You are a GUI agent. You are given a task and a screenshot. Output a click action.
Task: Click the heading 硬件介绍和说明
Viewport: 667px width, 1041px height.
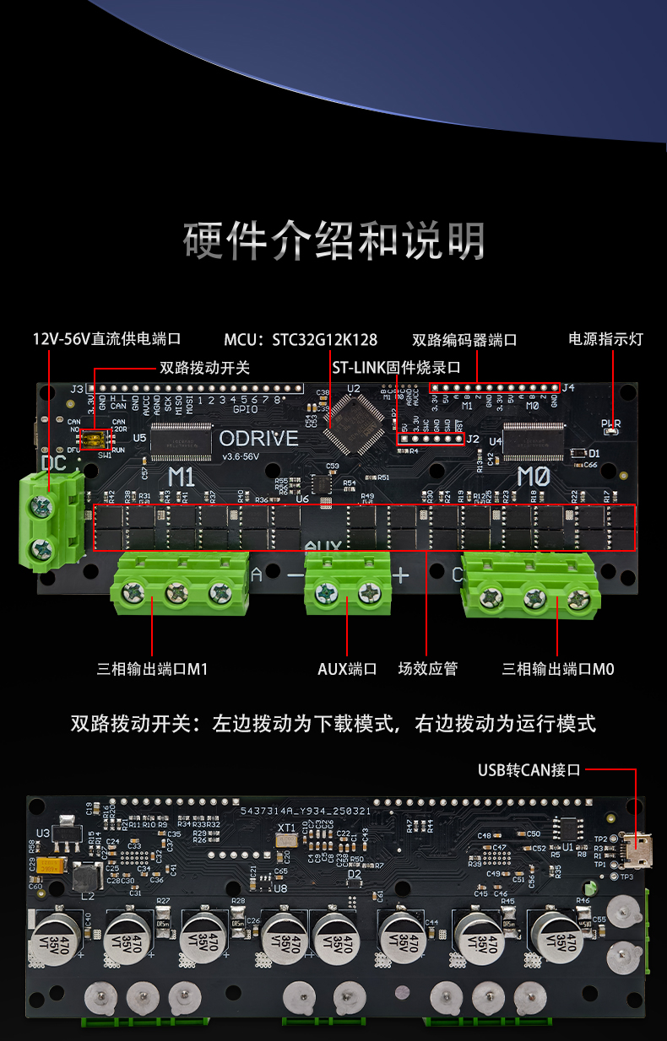click(x=333, y=240)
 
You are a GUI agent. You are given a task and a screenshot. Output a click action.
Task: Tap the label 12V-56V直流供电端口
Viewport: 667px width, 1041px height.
click(x=106, y=339)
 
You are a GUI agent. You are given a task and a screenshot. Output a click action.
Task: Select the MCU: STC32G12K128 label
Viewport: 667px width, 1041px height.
click(x=301, y=339)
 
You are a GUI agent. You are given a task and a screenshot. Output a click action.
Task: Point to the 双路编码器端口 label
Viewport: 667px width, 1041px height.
click(x=464, y=339)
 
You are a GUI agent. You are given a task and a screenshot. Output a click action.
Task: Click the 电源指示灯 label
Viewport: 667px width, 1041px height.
click(x=605, y=339)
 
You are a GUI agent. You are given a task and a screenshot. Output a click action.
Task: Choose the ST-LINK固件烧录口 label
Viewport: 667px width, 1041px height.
click(x=396, y=367)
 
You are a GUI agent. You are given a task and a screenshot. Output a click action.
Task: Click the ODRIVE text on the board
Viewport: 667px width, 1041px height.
click(x=258, y=439)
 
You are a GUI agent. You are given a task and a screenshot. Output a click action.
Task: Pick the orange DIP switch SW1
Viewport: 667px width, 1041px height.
click(x=95, y=440)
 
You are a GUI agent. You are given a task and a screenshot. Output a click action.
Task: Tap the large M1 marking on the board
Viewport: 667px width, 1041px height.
click(x=181, y=477)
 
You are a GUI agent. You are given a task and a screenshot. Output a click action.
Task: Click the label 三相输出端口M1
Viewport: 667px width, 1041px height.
click(x=152, y=669)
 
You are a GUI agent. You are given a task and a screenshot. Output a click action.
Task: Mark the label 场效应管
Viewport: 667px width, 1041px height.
click(x=427, y=669)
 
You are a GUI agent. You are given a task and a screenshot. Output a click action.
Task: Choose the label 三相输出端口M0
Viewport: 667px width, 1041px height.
click(x=557, y=669)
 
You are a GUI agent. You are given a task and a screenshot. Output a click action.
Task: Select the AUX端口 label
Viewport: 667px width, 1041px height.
click(x=347, y=669)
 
